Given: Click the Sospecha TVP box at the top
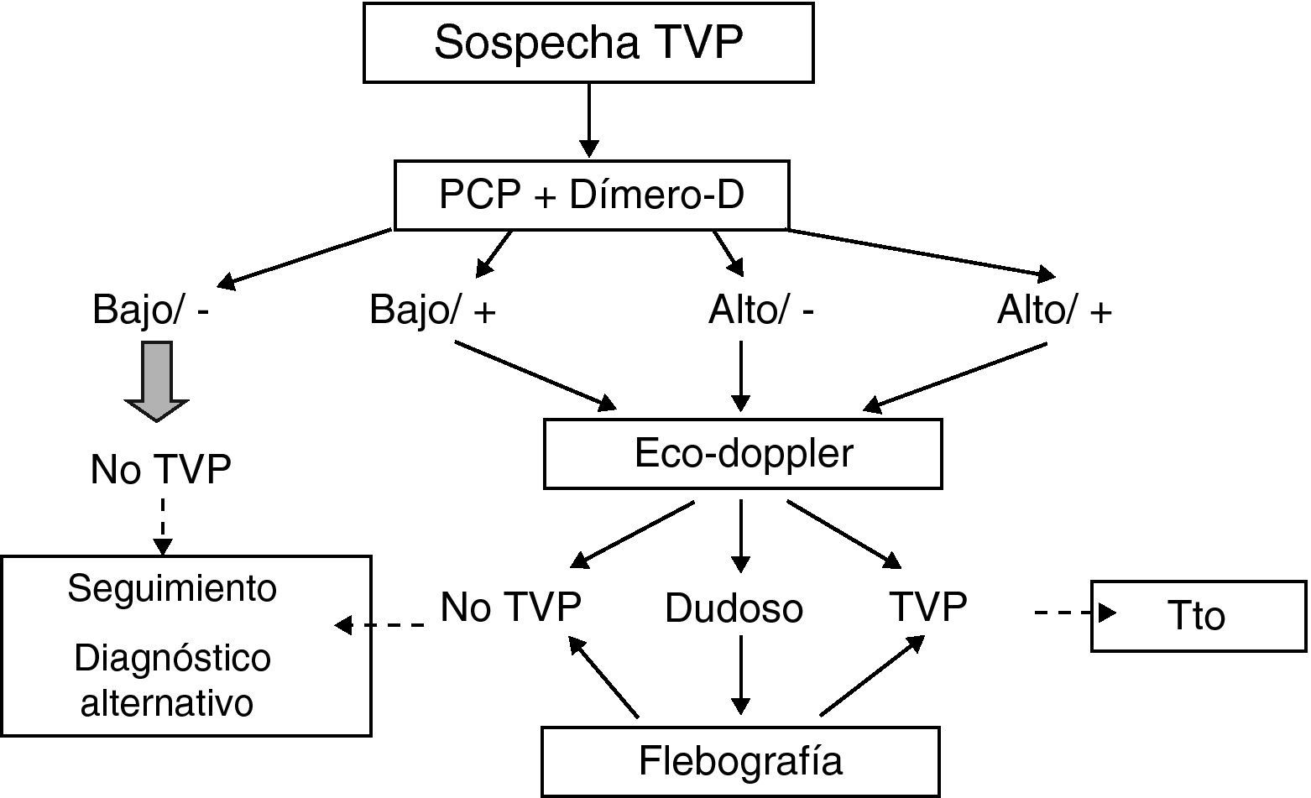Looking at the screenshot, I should (x=588, y=43).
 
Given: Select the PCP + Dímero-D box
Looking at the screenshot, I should (x=592, y=196).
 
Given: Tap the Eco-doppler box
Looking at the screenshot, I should (x=743, y=454).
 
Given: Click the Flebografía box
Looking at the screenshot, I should (x=740, y=761).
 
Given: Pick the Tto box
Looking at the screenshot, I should (x=1198, y=616).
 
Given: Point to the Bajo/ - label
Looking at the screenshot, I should (x=150, y=310).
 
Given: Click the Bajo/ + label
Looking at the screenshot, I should (x=432, y=310).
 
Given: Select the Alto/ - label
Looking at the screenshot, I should (x=761, y=310).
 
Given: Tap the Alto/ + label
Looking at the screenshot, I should (x=1054, y=310).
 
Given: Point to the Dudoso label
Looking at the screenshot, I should (x=734, y=608).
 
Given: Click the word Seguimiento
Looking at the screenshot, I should (x=172, y=588).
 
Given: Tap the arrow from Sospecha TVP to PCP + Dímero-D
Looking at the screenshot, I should (x=589, y=120).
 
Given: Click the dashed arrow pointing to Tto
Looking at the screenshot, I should (x=1074, y=613).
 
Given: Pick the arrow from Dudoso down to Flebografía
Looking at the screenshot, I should (x=740, y=674).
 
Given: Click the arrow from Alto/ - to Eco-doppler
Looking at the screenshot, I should (x=740, y=376).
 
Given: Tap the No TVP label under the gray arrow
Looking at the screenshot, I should (x=160, y=469).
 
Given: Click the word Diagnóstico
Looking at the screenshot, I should (x=172, y=659).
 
